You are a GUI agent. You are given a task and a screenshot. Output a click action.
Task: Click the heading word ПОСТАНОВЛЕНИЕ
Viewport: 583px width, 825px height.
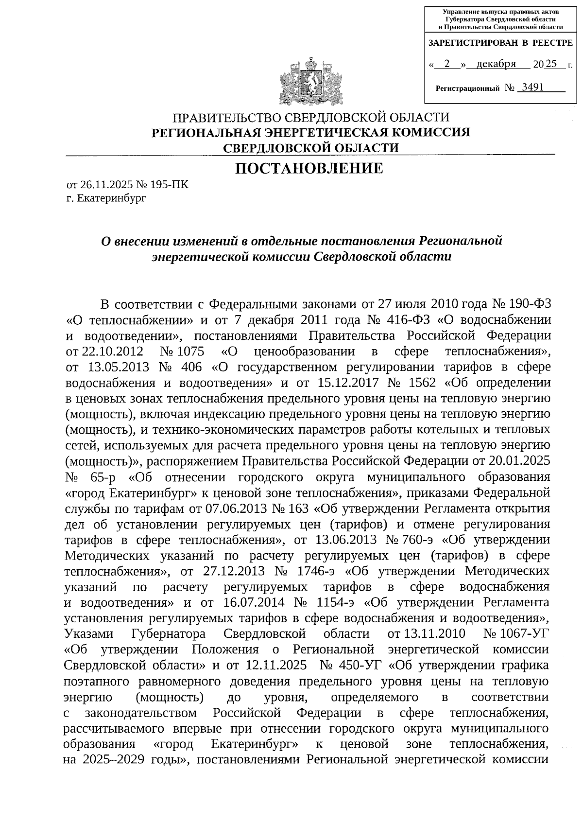click(x=309, y=169)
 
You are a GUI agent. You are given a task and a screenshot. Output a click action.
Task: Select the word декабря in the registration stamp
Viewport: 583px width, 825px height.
click(x=496, y=64)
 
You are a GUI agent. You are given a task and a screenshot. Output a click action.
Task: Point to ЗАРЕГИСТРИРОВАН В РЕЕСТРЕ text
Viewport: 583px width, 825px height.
click(x=500, y=43)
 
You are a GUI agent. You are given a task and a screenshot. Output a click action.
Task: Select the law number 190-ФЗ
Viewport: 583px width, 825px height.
click(x=530, y=304)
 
